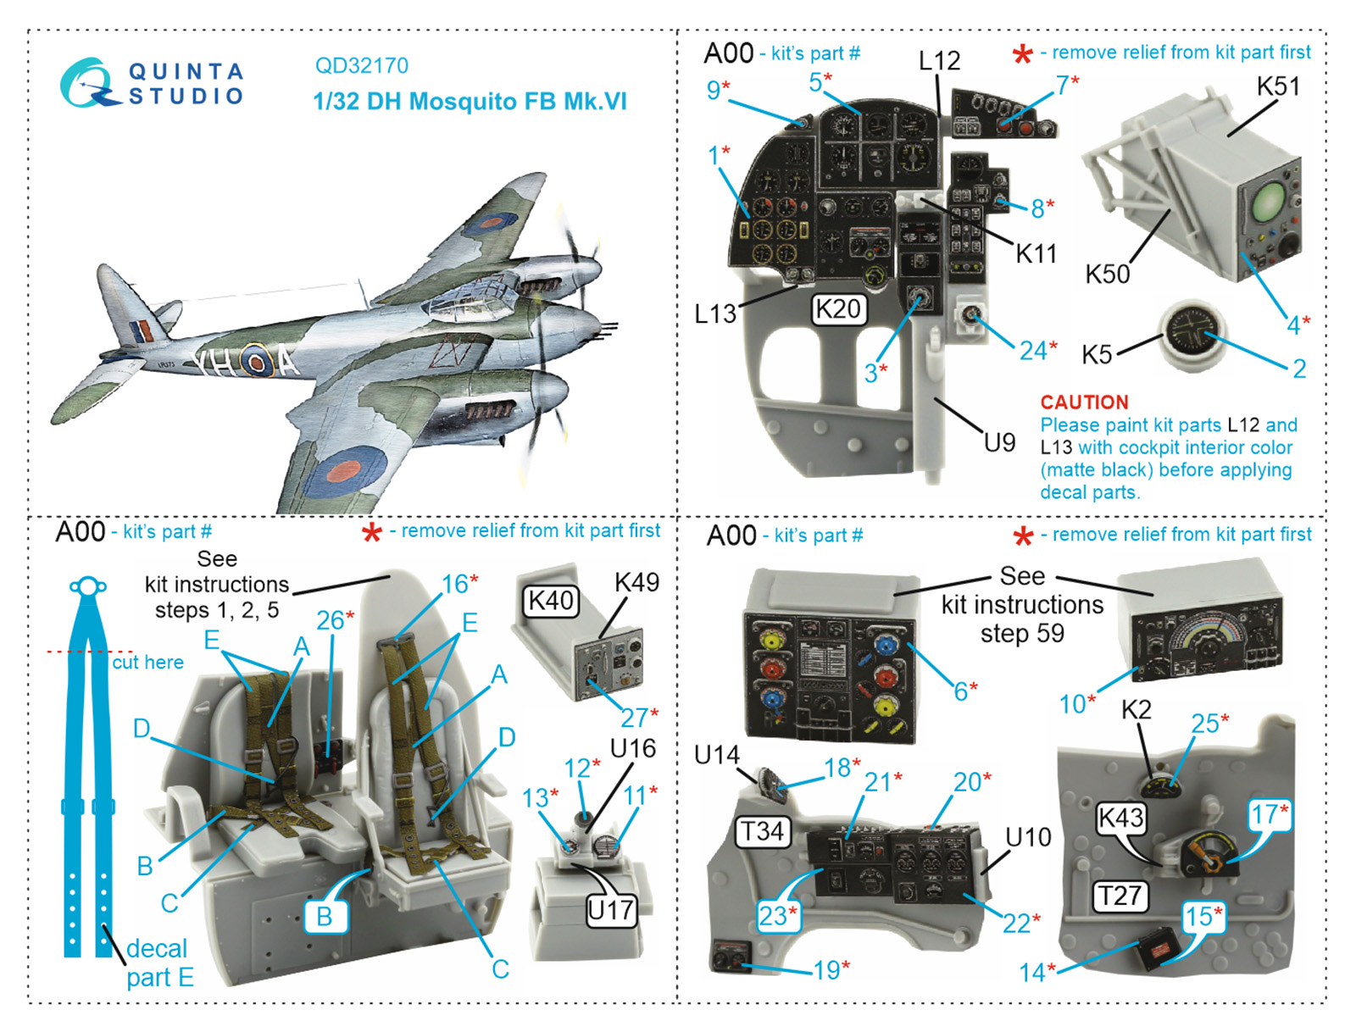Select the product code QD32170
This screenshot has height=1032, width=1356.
click(361, 65)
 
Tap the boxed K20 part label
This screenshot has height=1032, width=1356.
click(837, 309)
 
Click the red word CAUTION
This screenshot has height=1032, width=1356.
click(1084, 402)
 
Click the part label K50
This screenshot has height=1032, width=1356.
click(1107, 274)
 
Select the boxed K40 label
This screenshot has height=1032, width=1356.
click(551, 600)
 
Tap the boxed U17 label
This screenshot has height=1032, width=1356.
click(610, 910)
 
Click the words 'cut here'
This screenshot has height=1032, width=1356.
click(147, 662)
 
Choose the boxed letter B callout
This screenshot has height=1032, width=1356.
click(324, 916)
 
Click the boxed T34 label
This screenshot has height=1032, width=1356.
click(762, 830)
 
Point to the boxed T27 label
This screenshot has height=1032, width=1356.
click(1120, 895)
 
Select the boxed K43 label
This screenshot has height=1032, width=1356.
click(1120, 818)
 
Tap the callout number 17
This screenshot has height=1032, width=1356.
click(1264, 814)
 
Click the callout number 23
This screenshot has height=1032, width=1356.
click(773, 915)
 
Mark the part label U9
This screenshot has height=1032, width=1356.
click(998, 441)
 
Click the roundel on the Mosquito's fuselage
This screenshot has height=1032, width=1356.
click(255, 363)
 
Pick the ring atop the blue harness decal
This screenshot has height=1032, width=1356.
click(87, 585)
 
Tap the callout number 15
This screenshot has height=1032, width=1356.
click(1198, 916)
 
